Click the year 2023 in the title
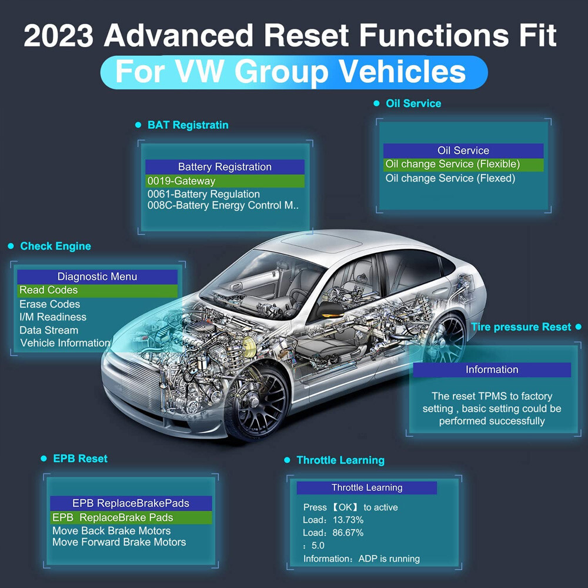pyautogui.click(x=58, y=35)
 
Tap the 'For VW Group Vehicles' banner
pyautogui.click(x=294, y=72)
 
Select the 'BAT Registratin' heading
pyautogui.click(x=188, y=125)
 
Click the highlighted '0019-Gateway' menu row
pyautogui.click(x=225, y=181)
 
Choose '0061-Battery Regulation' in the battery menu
pyautogui.click(x=203, y=194)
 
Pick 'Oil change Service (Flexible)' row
pyautogui.click(x=463, y=164)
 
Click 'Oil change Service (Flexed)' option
pyautogui.click(x=450, y=178)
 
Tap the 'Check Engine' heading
pyautogui.click(x=55, y=246)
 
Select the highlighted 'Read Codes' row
pyautogui.click(x=97, y=290)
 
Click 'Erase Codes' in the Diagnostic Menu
pyautogui.click(x=49, y=304)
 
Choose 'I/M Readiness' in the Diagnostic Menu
pyautogui.click(x=53, y=318)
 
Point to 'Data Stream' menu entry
pyautogui.click(x=49, y=330)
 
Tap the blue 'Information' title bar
pyautogui.click(x=492, y=370)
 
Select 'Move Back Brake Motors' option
pyautogui.click(x=111, y=530)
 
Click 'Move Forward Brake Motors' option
pyautogui.click(x=119, y=542)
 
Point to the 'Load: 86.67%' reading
pyautogui.click(x=333, y=533)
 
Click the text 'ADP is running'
pyautogui.click(x=389, y=559)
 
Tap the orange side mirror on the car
pyautogui.click(x=330, y=309)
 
